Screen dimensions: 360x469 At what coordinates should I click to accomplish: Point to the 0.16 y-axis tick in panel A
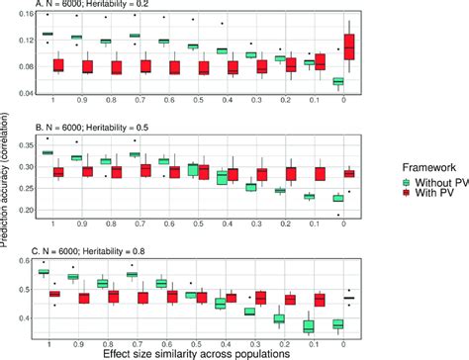coord(22,16)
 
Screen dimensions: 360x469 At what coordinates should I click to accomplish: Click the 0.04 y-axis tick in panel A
coord(22,93)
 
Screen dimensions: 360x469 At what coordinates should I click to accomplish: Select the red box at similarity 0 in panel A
coord(349,47)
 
